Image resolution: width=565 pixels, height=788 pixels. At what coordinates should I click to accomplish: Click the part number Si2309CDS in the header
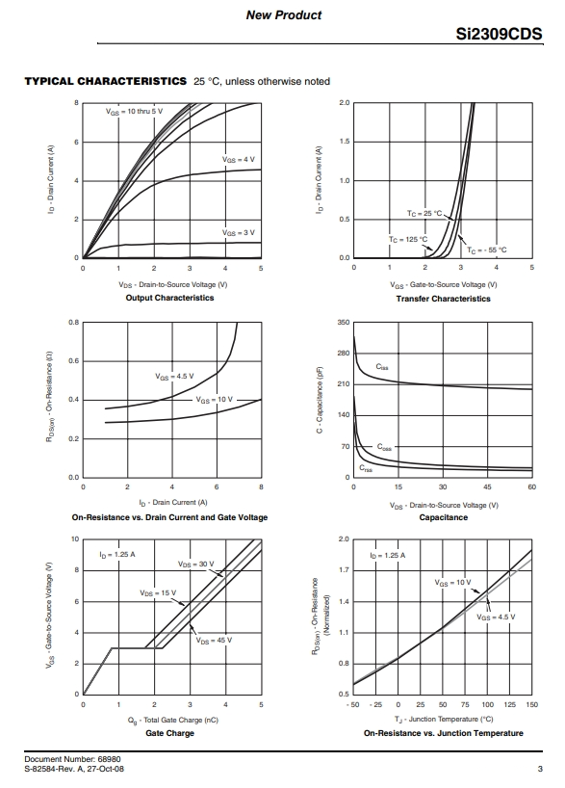[x=499, y=34]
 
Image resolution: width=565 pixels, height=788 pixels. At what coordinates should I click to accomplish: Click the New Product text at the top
[x=284, y=15]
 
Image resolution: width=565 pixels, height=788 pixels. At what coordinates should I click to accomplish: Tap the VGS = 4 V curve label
[x=239, y=159]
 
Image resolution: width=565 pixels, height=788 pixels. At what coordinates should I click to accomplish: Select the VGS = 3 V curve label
[x=239, y=233]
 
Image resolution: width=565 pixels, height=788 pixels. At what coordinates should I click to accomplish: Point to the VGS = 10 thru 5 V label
[x=134, y=111]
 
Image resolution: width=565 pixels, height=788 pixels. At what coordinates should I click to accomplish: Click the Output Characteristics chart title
[x=169, y=298]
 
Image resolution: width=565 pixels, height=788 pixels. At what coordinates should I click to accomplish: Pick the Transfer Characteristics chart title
[x=443, y=299]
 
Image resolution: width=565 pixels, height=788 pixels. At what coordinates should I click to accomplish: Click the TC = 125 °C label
[x=408, y=239]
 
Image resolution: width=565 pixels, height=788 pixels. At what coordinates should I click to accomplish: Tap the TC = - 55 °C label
[x=487, y=250]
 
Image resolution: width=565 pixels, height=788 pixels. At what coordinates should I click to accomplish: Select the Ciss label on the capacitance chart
[x=382, y=367]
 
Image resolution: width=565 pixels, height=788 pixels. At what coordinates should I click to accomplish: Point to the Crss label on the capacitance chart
[x=366, y=468]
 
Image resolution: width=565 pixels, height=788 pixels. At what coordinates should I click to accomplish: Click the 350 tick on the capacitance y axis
[x=344, y=322]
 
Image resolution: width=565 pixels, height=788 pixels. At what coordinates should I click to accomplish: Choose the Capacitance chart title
[x=444, y=517]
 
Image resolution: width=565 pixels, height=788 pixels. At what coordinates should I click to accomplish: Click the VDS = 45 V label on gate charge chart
[x=214, y=641]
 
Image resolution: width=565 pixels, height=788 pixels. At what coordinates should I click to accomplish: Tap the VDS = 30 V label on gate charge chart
[x=195, y=564]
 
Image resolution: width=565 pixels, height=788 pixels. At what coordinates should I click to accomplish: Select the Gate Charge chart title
[x=169, y=733]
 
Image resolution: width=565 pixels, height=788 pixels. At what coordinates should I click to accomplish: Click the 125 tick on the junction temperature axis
[x=510, y=704]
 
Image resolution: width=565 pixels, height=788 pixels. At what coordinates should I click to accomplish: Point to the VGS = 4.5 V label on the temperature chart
[x=496, y=617]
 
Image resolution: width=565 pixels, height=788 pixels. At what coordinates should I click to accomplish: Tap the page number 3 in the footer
[x=540, y=769]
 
